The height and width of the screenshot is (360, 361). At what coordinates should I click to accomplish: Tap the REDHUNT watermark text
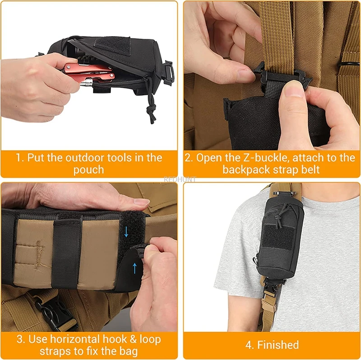180,179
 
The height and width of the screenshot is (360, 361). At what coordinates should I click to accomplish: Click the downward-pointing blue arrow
126,232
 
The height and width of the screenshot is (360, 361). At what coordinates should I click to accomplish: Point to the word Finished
278,345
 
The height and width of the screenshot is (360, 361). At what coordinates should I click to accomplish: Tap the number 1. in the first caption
20,158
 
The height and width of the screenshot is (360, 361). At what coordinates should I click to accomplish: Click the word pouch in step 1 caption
89,170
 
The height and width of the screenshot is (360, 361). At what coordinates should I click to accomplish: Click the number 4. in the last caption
249,345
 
